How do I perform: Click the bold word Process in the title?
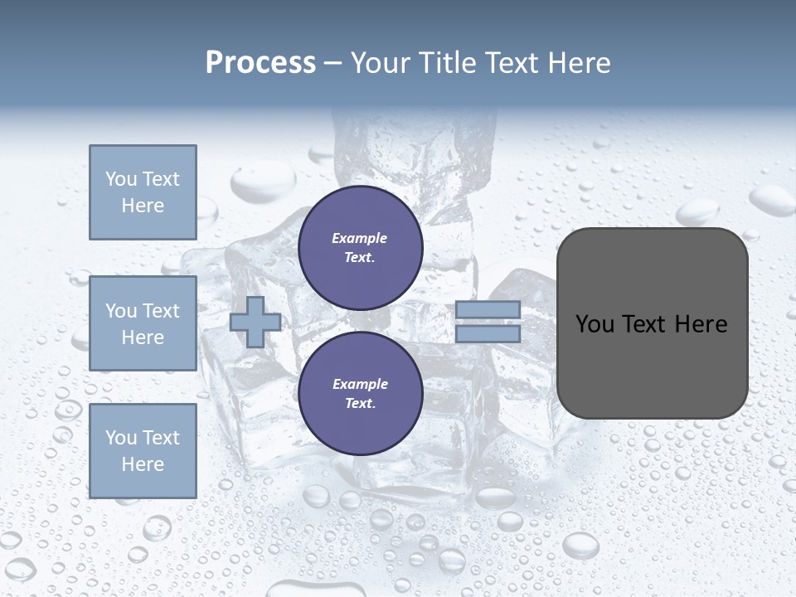click(260, 63)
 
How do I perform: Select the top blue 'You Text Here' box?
click(143, 192)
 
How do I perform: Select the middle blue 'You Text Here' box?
click(143, 323)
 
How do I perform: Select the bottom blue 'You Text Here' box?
click(143, 451)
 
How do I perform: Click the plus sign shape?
click(255, 322)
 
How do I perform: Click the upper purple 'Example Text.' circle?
click(360, 248)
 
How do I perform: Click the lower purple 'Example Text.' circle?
click(360, 394)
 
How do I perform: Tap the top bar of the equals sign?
click(488, 309)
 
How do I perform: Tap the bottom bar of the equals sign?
click(488, 334)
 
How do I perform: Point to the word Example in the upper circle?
click(360, 238)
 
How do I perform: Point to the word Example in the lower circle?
click(360, 384)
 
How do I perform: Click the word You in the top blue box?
click(121, 179)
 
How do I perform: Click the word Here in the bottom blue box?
click(143, 464)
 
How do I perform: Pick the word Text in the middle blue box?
click(161, 311)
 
